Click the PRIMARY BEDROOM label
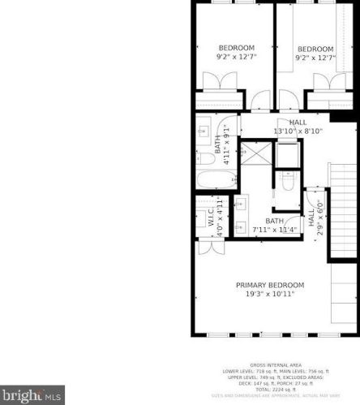click(270, 285)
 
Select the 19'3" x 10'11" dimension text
click(270, 294)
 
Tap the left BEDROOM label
click(236, 47)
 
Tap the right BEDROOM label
click(315, 49)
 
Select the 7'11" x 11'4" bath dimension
click(276, 230)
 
